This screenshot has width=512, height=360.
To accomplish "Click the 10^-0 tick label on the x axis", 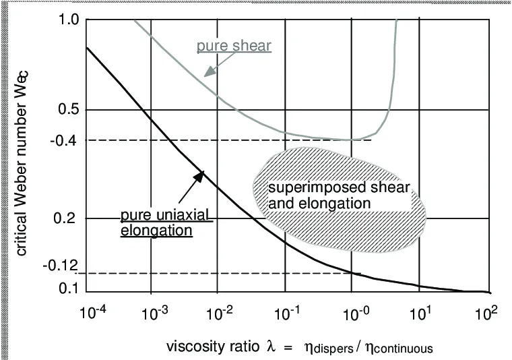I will click(352, 312).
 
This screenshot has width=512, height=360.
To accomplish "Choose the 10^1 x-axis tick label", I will click(419, 312).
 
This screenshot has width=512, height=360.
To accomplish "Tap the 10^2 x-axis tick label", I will click(485, 312).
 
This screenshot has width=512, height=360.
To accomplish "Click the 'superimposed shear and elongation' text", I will click(340, 194).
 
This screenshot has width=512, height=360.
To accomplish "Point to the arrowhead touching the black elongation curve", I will click(199, 175).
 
